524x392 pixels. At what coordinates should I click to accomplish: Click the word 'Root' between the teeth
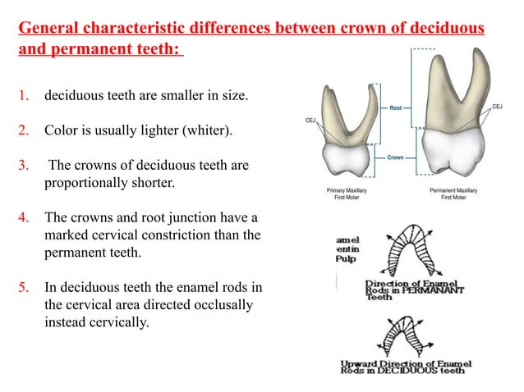[396, 107]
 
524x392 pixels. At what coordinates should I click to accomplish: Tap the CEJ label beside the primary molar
[311, 121]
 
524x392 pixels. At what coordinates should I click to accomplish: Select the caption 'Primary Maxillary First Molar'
[347, 194]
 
